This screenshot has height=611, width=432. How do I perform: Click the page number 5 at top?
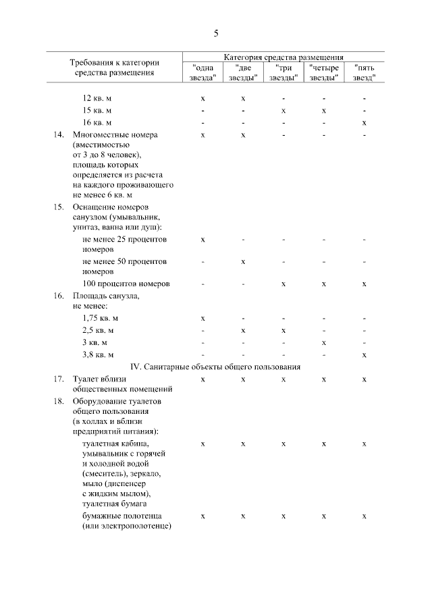[216, 34]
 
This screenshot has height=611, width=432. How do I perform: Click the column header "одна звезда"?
[203, 72]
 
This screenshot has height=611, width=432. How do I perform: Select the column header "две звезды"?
[243, 72]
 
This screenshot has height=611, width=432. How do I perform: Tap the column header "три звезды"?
[283, 72]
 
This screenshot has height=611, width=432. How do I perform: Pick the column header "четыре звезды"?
[324, 72]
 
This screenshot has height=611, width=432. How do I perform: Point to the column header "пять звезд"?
[364, 72]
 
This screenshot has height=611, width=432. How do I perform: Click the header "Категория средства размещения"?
[283, 58]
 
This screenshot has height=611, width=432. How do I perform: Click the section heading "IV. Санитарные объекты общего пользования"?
[215, 367]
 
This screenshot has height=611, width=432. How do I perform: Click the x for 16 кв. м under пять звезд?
[364, 122]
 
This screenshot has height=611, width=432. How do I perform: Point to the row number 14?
[59, 134]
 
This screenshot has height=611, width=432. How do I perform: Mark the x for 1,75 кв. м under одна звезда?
[203, 318]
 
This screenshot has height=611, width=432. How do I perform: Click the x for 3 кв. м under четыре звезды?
[324, 342]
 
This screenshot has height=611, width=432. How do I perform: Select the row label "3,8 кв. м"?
[99, 354]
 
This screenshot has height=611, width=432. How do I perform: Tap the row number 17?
[59, 379]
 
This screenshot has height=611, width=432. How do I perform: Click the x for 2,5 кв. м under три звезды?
[283, 330]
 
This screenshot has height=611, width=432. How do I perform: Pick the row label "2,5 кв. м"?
[99, 330]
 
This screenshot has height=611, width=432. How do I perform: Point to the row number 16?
[59, 296]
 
